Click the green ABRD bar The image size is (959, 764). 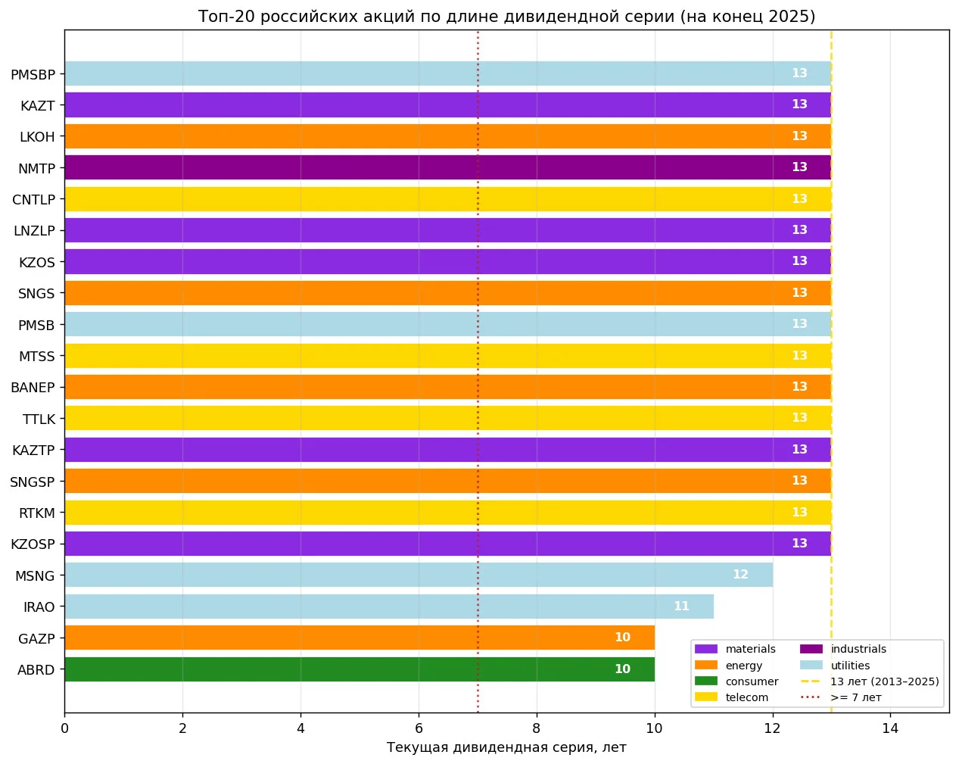(360, 669)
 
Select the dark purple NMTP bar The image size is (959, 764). (447, 167)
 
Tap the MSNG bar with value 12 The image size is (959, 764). (419, 575)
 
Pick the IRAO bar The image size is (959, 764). (389, 607)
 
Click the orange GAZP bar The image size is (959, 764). (360, 638)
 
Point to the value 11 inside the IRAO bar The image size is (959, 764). (681, 607)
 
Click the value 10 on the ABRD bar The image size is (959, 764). (622, 669)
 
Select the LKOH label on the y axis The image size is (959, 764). (37, 137)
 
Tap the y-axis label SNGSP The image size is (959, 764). (32, 482)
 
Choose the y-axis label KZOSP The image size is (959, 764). (33, 544)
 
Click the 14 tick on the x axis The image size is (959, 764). (890, 728)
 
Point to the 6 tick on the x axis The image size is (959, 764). (419, 728)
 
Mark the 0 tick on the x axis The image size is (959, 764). (64, 728)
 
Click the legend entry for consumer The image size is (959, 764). (736, 681)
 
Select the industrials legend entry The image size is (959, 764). (843, 649)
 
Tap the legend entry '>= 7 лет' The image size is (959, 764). (841, 697)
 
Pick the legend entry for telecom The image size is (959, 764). (731, 697)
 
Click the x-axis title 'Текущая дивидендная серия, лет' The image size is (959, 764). (506, 747)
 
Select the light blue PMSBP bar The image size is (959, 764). (447, 73)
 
